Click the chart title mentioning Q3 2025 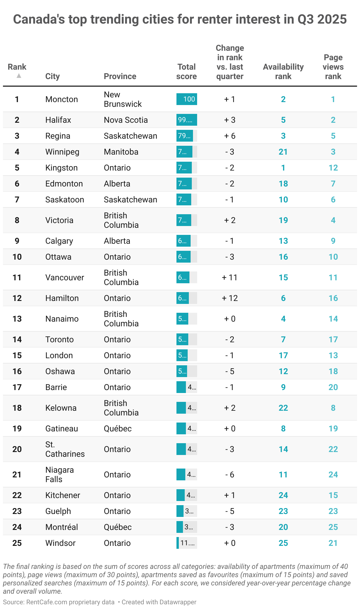pyautogui.click(x=180, y=19)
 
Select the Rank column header pyautogui.click(x=17, y=67)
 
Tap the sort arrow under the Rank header pyautogui.click(x=19, y=76)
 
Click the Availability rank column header pyautogui.click(x=283, y=71)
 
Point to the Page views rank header pyautogui.click(x=333, y=67)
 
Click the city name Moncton pyautogui.click(x=62, y=99)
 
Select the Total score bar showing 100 pyautogui.click(x=186, y=99)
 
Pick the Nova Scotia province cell pyautogui.click(x=126, y=120)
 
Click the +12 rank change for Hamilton pyautogui.click(x=230, y=298)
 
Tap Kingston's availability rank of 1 pyautogui.click(x=283, y=168)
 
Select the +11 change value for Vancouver pyautogui.click(x=230, y=277)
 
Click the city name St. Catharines pyautogui.click(x=65, y=449)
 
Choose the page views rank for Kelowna pyautogui.click(x=333, y=408)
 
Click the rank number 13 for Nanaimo pyautogui.click(x=17, y=319)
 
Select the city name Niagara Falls pyautogui.click(x=60, y=474)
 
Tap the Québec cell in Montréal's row pyautogui.click(x=117, y=527)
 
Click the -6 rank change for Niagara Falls pyautogui.click(x=230, y=474)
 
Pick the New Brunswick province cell pyautogui.click(x=122, y=99)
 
